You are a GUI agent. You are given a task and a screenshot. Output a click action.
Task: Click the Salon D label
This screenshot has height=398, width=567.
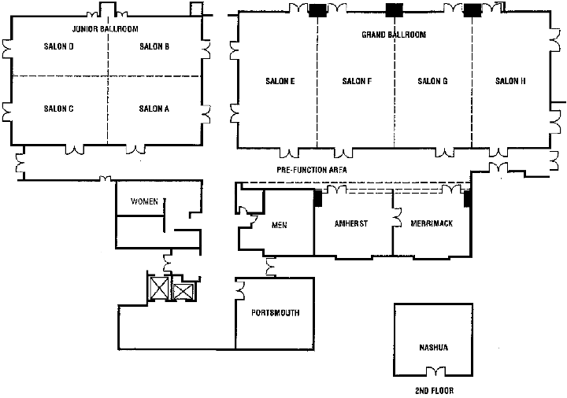(60, 46)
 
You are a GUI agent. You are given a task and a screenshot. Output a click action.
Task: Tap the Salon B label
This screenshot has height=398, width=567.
(154, 46)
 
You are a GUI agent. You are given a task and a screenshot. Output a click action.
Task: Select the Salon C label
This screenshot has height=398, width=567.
(59, 109)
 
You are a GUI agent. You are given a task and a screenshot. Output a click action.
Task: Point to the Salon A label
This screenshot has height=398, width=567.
(154, 109)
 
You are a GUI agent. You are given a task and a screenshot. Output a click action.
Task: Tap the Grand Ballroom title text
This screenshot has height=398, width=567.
(394, 35)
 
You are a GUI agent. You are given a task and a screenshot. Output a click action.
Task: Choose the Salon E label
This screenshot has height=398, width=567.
(280, 81)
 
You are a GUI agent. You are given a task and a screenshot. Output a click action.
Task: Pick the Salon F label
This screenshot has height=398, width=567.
(358, 81)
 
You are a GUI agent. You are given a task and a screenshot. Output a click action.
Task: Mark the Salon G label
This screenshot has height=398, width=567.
(433, 81)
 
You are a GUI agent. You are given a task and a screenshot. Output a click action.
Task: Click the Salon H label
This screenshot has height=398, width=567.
(510, 81)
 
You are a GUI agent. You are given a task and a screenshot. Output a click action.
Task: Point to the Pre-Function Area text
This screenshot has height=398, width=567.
(312, 170)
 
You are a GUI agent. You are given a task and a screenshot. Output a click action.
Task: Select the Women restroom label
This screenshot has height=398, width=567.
(145, 202)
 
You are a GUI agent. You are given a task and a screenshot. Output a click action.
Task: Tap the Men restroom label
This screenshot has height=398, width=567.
(279, 225)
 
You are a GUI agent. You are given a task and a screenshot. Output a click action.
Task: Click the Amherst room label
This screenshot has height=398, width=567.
(351, 223)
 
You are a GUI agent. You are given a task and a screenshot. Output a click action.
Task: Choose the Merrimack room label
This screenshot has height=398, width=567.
(432, 223)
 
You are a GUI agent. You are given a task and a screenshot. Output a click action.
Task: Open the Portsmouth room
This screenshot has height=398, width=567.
(275, 313)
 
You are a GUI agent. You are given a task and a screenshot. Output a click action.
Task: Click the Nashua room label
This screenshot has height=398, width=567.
(433, 347)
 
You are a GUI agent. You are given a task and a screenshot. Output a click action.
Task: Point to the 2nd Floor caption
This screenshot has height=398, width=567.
(434, 390)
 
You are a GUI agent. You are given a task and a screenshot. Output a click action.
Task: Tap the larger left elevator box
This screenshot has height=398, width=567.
(159, 288)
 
